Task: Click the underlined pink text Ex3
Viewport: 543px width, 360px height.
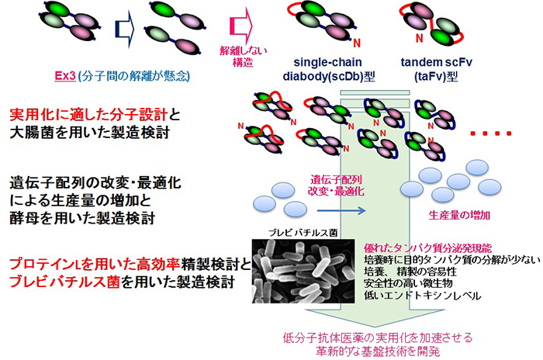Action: (x=65, y=76)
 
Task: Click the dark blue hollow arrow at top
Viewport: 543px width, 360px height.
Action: (x=124, y=29)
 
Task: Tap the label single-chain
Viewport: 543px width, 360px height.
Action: (x=327, y=62)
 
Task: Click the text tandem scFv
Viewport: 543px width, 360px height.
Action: (x=436, y=62)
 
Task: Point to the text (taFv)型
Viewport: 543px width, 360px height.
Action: (x=436, y=76)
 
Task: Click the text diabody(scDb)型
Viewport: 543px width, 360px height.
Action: (x=329, y=76)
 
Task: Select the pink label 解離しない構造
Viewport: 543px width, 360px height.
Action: (x=243, y=57)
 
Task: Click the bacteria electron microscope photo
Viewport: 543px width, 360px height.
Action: (x=303, y=271)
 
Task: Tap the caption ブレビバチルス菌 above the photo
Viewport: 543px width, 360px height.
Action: (x=303, y=233)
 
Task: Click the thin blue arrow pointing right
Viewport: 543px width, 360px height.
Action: (x=341, y=210)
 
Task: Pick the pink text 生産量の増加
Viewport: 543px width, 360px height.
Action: (x=459, y=215)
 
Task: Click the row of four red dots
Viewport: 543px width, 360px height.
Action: (x=491, y=133)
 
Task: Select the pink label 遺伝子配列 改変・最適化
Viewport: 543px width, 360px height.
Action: (x=336, y=185)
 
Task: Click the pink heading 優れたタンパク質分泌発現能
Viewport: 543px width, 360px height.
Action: (x=427, y=248)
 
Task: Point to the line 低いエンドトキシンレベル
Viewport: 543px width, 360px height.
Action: (x=423, y=296)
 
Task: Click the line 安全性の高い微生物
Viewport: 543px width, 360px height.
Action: (x=408, y=283)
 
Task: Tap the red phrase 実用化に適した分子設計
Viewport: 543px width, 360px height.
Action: (x=88, y=115)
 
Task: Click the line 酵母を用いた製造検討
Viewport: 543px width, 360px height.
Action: (x=82, y=219)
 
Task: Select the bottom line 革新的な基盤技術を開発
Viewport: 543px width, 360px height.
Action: (x=378, y=351)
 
